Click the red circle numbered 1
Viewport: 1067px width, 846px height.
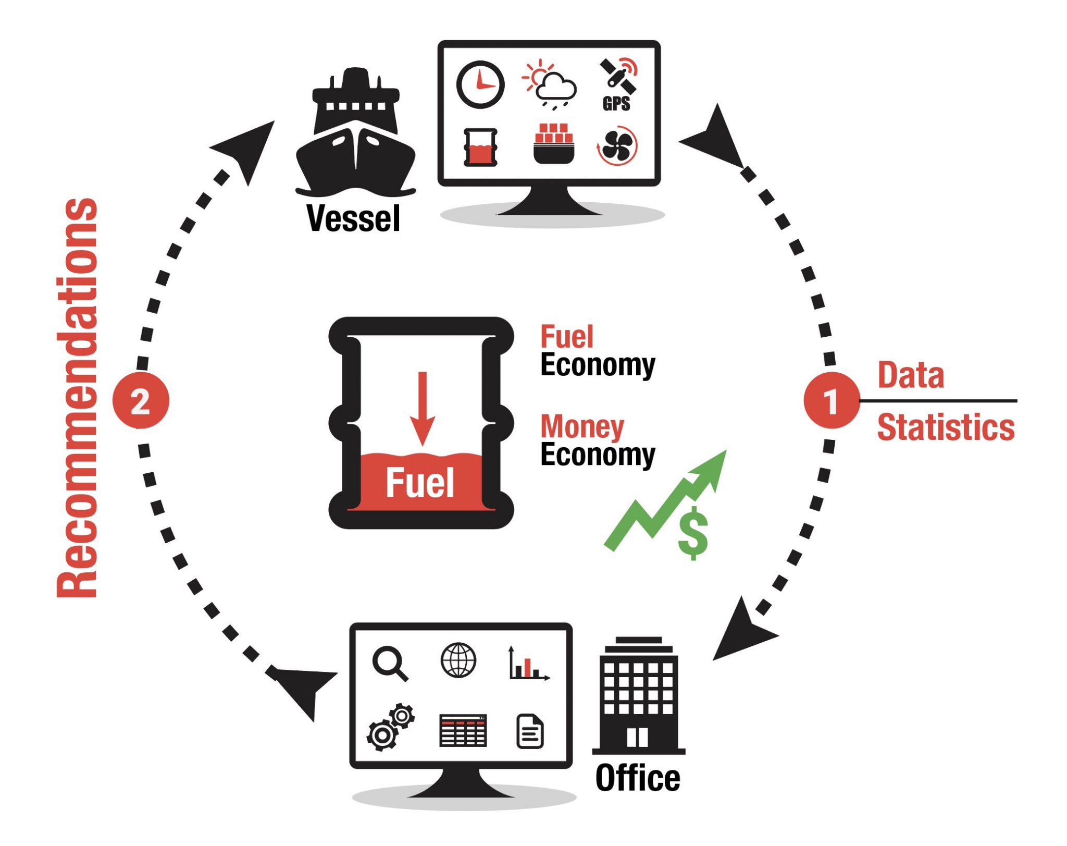(x=831, y=401)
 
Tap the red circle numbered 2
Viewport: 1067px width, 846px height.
(x=141, y=401)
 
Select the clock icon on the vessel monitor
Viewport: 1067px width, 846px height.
(x=480, y=84)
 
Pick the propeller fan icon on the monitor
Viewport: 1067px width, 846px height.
(x=617, y=145)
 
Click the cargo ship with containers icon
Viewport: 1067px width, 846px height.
(x=553, y=144)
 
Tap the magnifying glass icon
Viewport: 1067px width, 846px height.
(x=390, y=663)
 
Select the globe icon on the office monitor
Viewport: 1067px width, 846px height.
(x=458, y=660)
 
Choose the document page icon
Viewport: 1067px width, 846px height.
(x=530, y=731)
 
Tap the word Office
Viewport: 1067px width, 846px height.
(x=638, y=778)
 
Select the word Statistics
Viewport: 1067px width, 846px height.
(x=946, y=427)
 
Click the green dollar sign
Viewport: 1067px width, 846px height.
(x=693, y=533)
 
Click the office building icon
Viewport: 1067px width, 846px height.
(x=638, y=696)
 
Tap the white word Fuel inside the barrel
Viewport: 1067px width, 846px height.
(x=420, y=483)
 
